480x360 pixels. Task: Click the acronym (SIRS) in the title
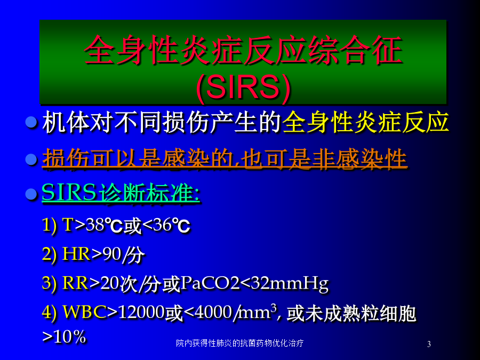pos(244,87)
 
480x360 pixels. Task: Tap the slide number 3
pos(429,344)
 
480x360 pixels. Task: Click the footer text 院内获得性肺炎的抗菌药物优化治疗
pos(239,343)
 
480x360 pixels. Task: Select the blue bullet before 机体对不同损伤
pos(31,123)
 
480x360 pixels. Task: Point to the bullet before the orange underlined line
pos(31,159)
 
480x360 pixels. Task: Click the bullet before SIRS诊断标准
pos(31,194)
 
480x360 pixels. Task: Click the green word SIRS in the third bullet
pos(69,193)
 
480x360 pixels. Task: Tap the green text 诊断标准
pos(149,193)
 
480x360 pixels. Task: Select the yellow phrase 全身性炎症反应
pos(365,122)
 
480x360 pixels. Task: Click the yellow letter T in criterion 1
pos(68,225)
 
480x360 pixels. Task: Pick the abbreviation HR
pos(76,254)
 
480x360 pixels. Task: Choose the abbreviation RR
pos(75,283)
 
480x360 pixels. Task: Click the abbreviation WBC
pos(85,312)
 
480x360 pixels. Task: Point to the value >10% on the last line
pos(64,337)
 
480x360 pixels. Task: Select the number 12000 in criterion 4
pos(141,313)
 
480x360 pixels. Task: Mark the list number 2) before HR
pos(49,254)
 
